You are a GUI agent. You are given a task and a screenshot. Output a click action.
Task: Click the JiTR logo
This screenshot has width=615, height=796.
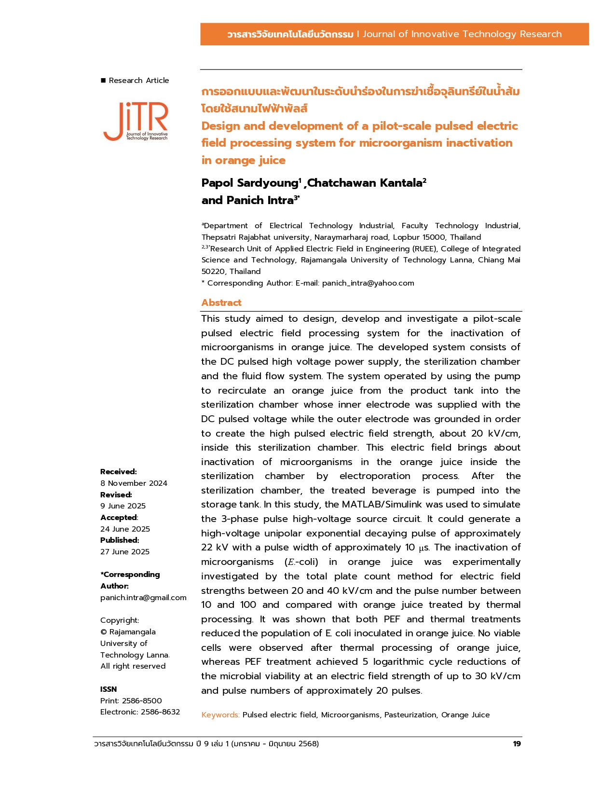pyautogui.click(x=136, y=121)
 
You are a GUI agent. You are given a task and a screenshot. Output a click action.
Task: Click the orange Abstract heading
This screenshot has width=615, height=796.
pyautogui.click(x=221, y=302)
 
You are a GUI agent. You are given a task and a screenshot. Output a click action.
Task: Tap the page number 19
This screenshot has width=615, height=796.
pyautogui.click(x=517, y=743)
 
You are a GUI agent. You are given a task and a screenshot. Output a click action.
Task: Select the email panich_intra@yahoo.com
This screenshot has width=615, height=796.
pyautogui.click(x=368, y=283)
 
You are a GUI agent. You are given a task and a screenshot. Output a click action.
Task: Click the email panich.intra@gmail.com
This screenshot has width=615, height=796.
pyautogui.click(x=143, y=597)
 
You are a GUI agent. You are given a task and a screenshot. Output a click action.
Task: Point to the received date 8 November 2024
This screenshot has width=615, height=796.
pyautogui.click(x=134, y=483)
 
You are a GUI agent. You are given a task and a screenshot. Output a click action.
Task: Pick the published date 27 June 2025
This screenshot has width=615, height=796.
pyautogui.click(x=125, y=551)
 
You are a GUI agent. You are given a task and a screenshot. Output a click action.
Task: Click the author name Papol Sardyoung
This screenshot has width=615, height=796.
pyautogui.click(x=249, y=183)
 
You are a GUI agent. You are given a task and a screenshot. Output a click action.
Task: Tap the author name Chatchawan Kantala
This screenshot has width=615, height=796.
pyautogui.click(x=365, y=183)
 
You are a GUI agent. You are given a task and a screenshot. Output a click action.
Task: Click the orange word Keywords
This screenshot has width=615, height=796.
pyautogui.click(x=220, y=714)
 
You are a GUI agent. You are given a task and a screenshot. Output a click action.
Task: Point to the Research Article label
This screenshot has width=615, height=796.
pyautogui.click(x=138, y=81)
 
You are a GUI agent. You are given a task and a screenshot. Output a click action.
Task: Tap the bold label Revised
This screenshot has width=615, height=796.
pyautogui.click(x=116, y=494)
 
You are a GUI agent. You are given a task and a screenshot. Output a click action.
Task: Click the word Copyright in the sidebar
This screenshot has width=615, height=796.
pyautogui.click(x=119, y=620)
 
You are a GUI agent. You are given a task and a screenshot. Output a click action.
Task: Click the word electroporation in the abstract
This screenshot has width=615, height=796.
pyautogui.click(x=375, y=476)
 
